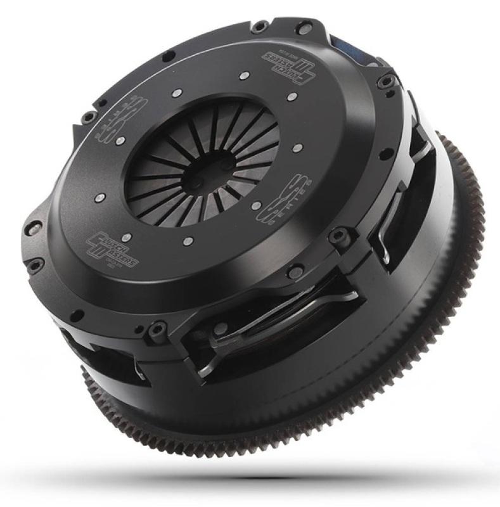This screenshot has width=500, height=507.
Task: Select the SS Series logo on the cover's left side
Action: tap(114, 120)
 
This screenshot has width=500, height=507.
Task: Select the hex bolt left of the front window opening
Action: tap(156, 330)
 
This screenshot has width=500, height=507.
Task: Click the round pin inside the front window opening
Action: tap(221, 330)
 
